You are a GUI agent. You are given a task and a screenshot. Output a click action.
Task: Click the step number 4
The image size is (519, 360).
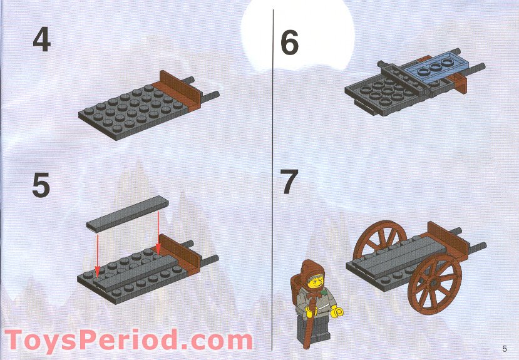(41, 40)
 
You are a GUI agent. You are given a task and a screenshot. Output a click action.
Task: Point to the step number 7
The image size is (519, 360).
(289, 182)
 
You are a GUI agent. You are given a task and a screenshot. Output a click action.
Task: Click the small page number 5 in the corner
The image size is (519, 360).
(504, 348)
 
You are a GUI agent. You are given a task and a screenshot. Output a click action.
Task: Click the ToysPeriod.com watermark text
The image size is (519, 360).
(128, 341)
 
